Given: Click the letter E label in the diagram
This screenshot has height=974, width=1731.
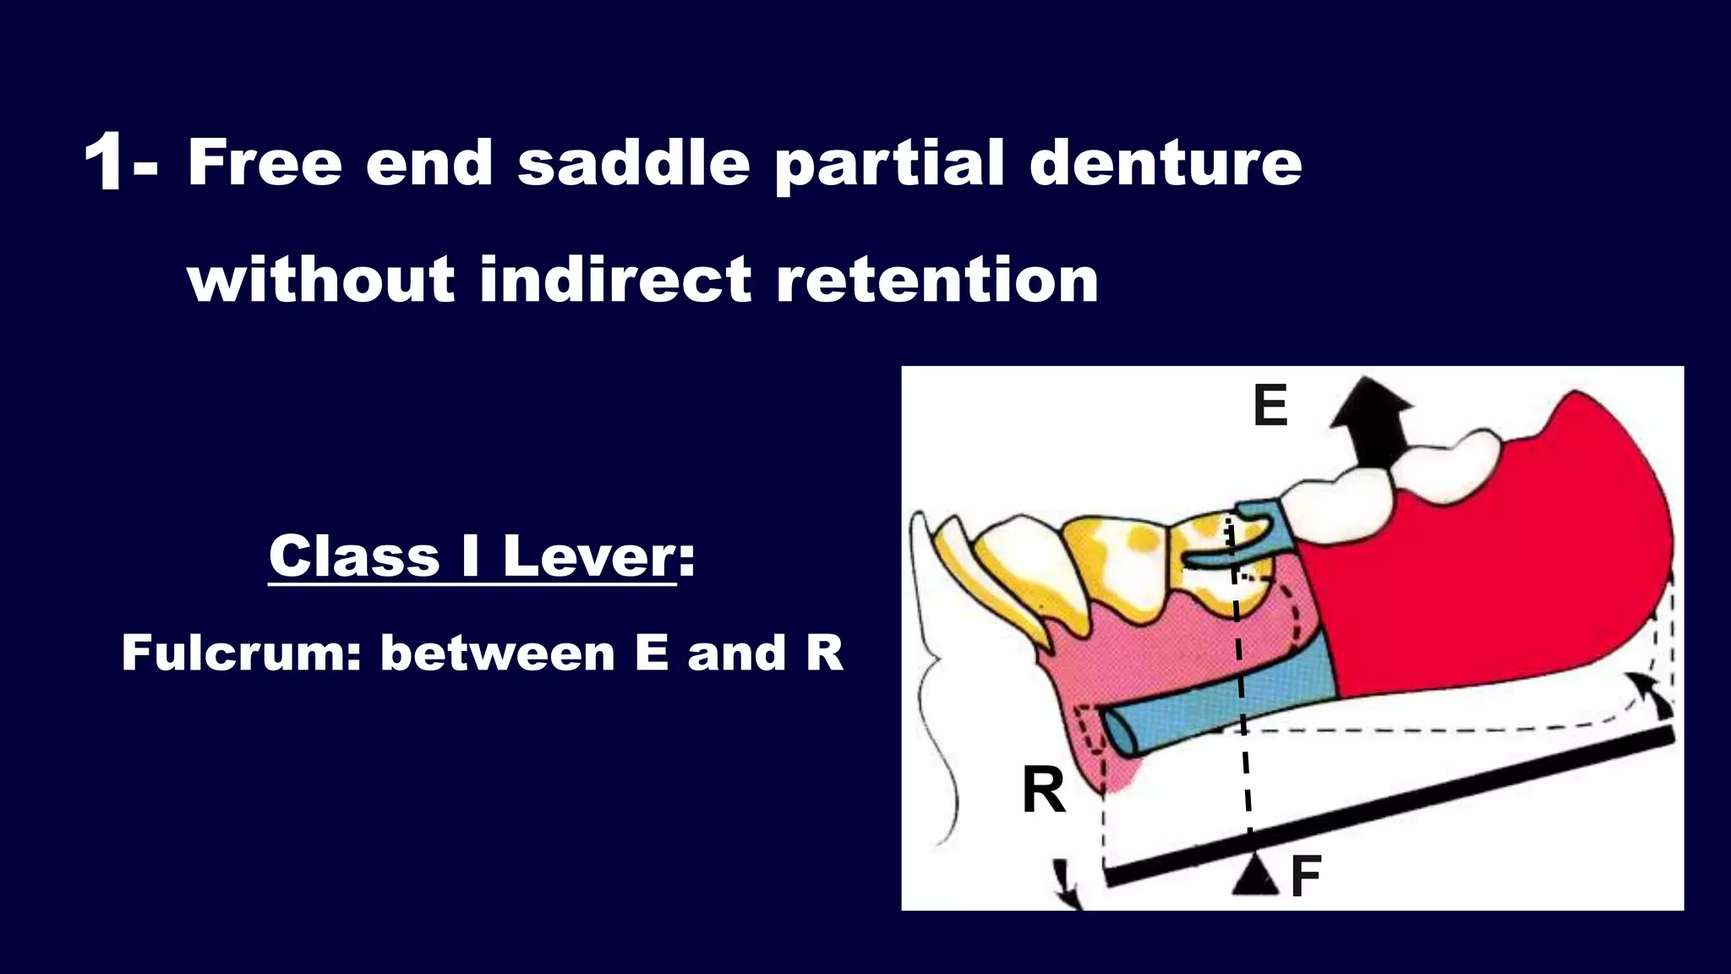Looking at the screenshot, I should coord(1270,406).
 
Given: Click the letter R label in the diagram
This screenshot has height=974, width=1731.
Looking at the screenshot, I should coord(1043,791).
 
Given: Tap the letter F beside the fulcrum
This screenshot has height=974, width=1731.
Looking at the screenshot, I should coord(1306,877).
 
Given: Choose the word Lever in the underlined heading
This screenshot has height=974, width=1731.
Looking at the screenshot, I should coord(589,556).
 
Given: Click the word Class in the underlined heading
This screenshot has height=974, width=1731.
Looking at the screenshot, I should coord(354,556).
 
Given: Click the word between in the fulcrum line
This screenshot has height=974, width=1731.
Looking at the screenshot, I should coord(498,653).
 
